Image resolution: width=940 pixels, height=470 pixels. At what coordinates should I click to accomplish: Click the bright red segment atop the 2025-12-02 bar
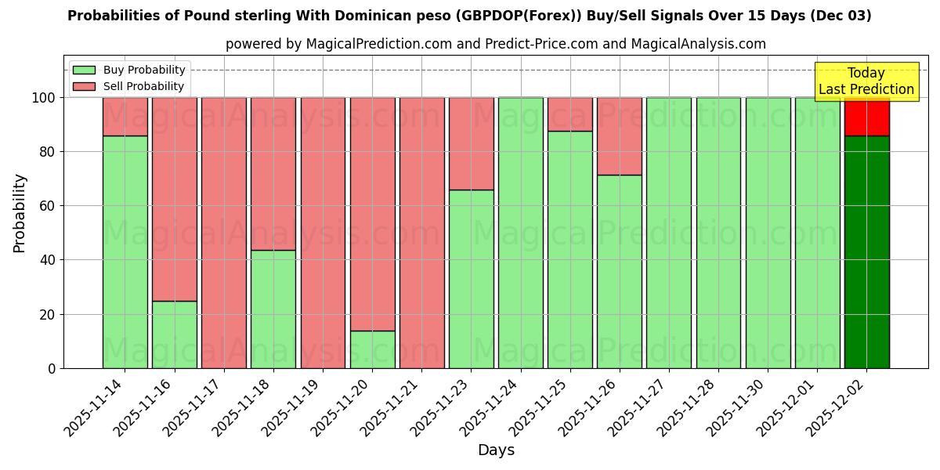tap(866, 117)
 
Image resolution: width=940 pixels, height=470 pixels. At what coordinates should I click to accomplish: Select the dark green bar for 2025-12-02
tap(866, 251)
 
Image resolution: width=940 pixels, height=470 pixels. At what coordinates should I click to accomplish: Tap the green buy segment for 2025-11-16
tap(174, 334)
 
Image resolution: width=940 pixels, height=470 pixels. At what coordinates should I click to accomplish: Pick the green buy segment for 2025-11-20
tap(372, 349)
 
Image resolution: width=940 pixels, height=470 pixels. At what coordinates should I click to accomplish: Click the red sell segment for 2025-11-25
tap(569, 114)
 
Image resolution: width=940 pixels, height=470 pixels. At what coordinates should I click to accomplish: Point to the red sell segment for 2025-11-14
tap(125, 117)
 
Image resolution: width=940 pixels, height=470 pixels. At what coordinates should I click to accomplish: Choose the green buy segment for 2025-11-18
tap(273, 309)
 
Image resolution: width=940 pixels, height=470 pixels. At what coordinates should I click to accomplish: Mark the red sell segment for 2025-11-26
tap(619, 136)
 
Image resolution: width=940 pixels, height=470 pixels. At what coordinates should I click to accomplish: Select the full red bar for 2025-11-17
tap(224, 233)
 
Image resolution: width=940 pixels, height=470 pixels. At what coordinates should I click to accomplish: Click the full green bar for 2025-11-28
tap(718, 233)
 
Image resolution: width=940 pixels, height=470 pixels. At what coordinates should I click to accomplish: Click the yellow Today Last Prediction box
tap(866, 81)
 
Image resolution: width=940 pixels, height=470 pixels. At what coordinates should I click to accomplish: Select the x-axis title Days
tap(496, 450)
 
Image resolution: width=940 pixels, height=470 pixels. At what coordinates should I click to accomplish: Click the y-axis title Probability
tap(20, 213)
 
